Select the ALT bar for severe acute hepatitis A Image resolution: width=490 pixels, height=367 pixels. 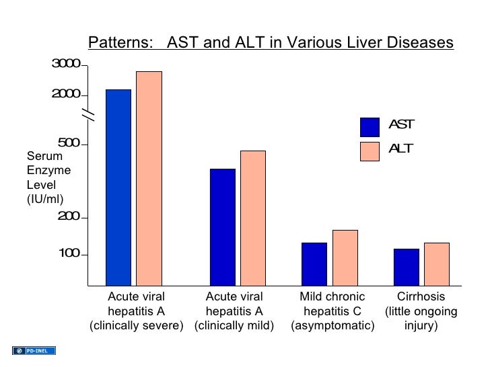pyautogui.click(x=149, y=178)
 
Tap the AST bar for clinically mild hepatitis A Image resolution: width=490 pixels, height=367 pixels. pyautogui.click(x=223, y=227)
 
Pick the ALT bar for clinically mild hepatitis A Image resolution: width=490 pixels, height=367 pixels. pyautogui.click(x=253, y=218)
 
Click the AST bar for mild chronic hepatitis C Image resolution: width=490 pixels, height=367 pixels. pyautogui.click(x=314, y=263)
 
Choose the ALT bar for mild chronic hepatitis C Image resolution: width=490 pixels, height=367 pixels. pyautogui.click(x=345, y=257)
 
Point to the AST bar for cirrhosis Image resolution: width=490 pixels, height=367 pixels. pyautogui.click(x=406, y=267)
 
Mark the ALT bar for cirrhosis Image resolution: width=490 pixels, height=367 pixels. pyautogui.click(x=436, y=263)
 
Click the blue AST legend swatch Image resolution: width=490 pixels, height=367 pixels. pyautogui.click(x=370, y=127)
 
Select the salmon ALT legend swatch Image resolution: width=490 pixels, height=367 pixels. pyautogui.click(x=370, y=151)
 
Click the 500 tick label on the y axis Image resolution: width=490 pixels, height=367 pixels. pyautogui.click(x=69, y=143)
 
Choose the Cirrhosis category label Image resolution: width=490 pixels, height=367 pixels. pyautogui.click(x=421, y=297)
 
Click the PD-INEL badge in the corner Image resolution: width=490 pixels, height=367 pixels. pyautogui.click(x=34, y=350)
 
